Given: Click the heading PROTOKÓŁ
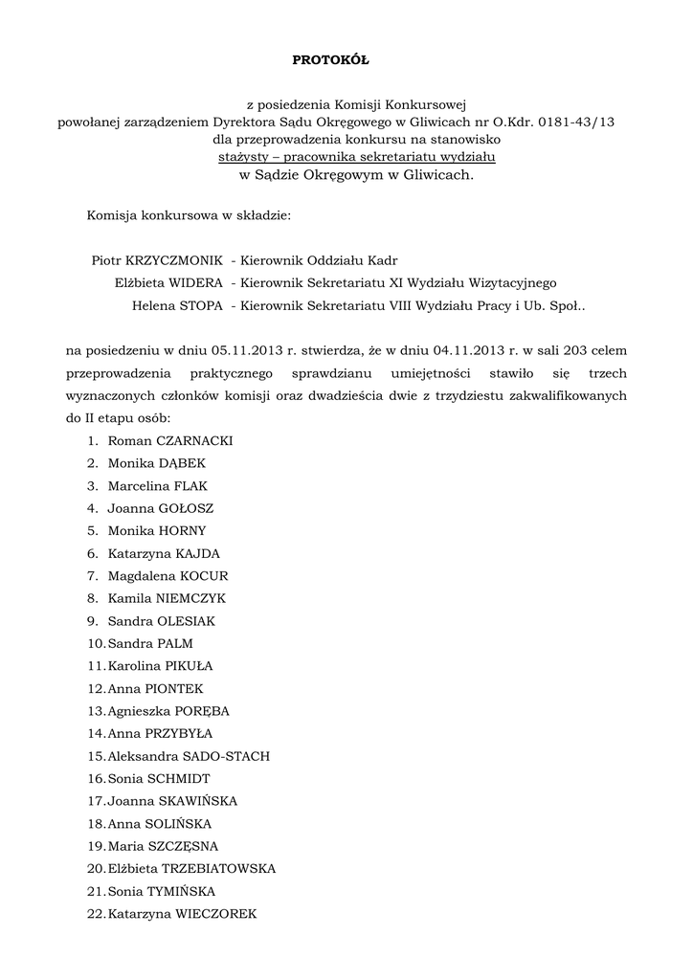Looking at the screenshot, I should click(x=329, y=60).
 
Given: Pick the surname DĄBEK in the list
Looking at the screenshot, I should click(x=184, y=463).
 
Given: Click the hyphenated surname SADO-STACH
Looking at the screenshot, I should click(x=222, y=756).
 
